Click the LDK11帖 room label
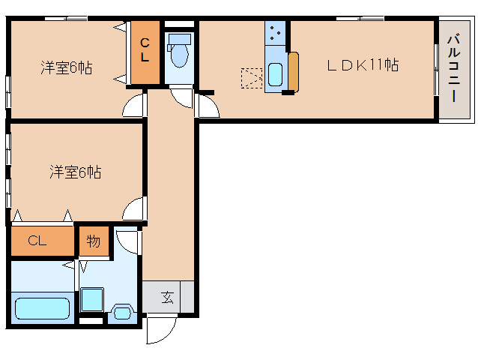click(362, 65)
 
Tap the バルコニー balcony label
click(453, 68)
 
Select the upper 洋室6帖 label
click(66, 67)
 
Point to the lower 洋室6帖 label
click(76, 172)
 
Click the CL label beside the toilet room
click(145, 49)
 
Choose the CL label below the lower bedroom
click(37, 241)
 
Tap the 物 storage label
click(94, 241)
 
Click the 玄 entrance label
click(168, 297)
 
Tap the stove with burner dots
click(275, 33)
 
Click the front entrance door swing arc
click(160, 331)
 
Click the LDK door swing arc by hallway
click(208, 104)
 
